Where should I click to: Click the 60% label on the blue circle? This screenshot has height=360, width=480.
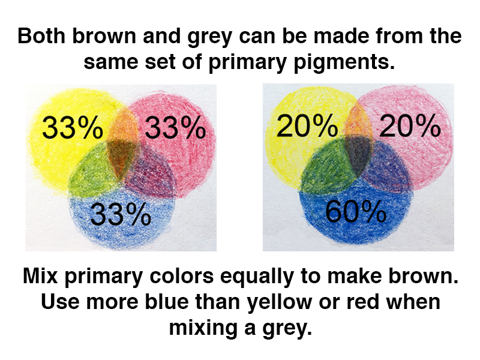[x=355, y=212]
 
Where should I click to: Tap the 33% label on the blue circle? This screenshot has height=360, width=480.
[x=121, y=214]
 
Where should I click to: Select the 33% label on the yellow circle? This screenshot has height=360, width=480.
[x=73, y=127]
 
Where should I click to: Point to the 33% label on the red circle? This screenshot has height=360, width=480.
[x=175, y=127]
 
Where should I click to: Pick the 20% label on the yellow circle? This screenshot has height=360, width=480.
[x=307, y=125]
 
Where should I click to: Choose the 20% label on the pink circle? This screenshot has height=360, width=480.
[x=410, y=125]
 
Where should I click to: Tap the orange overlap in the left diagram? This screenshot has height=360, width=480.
[x=123, y=125]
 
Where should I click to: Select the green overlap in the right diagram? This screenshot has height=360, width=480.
[x=325, y=166]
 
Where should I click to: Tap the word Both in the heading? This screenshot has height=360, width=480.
[x=41, y=36]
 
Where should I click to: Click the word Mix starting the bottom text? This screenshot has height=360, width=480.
[x=40, y=275]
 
